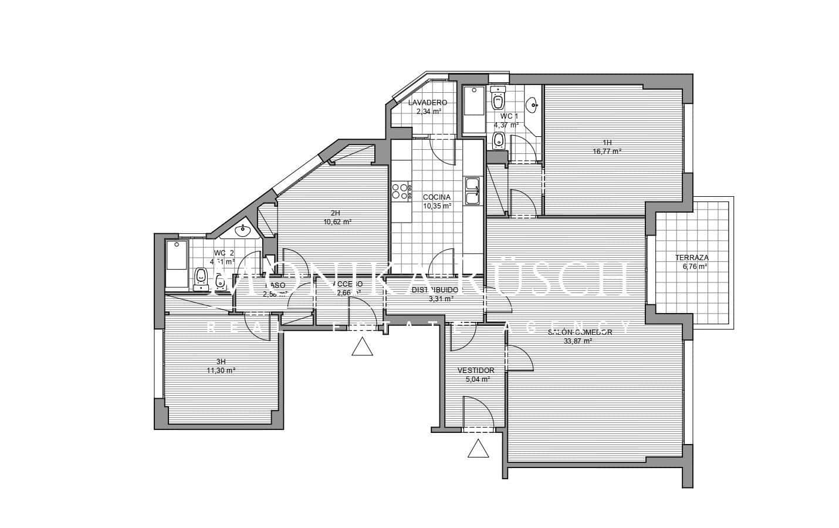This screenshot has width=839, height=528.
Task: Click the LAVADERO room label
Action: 428,103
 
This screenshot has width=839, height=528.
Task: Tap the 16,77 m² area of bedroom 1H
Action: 607,151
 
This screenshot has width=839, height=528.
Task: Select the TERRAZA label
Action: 691,258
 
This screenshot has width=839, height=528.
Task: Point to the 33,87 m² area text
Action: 580,341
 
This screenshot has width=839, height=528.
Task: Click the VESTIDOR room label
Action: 475,371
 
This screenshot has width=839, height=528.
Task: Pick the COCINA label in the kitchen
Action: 437,197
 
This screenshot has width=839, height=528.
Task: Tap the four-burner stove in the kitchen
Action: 401,191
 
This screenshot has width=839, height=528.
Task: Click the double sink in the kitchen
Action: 472,191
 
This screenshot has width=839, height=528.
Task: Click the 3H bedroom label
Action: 221,362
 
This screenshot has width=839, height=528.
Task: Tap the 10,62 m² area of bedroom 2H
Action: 337,222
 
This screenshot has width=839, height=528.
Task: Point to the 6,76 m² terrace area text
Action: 694,266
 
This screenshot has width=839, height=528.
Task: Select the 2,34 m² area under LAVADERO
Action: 428,111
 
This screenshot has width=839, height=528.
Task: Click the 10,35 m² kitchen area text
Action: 437,206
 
